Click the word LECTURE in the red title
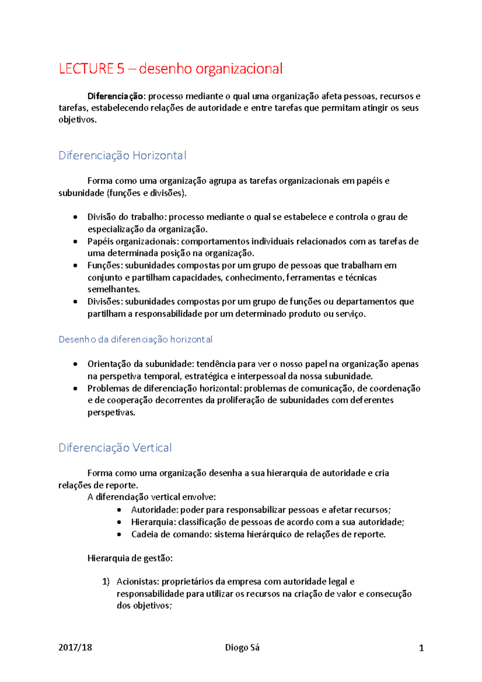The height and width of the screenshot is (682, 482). pyautogui.click(x=86, y=69)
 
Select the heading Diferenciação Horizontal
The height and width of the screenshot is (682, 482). pyautogui.click(x=122, y=155)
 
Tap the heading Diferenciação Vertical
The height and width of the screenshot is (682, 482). pyautogui.click(x=115, y=447)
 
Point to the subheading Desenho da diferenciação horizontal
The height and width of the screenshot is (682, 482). pyautogui.click(x=135, y=339)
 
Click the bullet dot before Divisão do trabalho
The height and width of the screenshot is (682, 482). pyautogui.click(x=76, y=217)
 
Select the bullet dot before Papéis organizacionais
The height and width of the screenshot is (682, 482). pyautogui.click(x=76, y=241)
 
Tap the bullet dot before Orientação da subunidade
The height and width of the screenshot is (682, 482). pyautogui.click(x=76, y=364)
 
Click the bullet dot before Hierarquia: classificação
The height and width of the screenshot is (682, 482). pyautogui.click(x=119, y=523)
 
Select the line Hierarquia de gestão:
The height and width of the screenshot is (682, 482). pyautogui.click(x=130, y=558)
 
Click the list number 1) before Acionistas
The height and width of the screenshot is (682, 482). pyautogui.click(x=106, y=582)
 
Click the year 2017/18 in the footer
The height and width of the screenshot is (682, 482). pyautogui.click(x=75, y=647)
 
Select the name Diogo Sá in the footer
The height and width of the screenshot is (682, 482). pyautogui.click(x=242, y=647)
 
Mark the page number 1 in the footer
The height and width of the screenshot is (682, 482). pyautogui.click(x=421, y=648)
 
